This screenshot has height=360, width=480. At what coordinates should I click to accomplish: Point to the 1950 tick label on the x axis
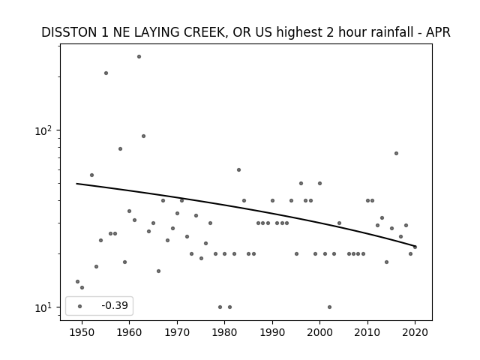[82, 332]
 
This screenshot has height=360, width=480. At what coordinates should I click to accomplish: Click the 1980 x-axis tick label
[224, 332]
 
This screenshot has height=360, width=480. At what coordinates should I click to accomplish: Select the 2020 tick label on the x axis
[415, 332]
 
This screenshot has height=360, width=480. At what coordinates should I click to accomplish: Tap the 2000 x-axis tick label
[320, 332]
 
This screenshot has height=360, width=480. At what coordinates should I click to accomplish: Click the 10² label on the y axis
[43, 130]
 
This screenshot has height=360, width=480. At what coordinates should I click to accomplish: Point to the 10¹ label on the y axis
[43, 307]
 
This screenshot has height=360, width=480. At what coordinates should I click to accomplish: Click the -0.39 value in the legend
[115, 305]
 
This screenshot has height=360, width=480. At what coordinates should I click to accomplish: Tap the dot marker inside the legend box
[80, 306]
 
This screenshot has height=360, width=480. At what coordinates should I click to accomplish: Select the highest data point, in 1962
[139, 57]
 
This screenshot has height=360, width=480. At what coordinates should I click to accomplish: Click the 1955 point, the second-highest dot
[106, 73]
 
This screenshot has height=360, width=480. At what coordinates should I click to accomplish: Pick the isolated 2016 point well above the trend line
[396, 153]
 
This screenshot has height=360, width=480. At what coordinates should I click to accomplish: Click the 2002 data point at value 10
[329, 307]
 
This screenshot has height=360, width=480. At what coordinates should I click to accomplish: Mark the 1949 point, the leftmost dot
[77, 282]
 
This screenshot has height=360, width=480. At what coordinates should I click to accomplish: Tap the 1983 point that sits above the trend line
[238, 170]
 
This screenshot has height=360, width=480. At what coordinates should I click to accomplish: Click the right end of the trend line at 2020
[415, 246]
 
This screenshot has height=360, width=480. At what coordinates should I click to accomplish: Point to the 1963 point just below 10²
[143, 136]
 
